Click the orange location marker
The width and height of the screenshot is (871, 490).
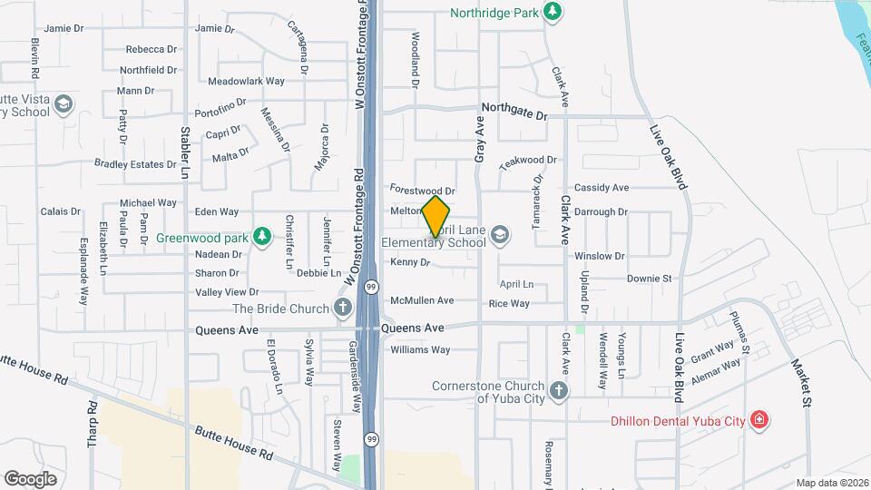435,216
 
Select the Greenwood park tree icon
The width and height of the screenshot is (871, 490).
262,237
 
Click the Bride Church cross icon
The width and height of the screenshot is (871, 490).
344,308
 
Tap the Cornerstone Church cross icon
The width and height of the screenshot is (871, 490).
560,391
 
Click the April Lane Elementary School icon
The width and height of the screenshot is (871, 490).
499,237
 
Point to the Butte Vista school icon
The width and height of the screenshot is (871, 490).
64,104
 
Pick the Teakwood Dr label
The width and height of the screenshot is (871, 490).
527,160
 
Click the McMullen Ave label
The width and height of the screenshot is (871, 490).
421,300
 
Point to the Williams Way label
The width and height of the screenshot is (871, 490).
420,349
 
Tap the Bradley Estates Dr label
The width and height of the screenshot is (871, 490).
135,164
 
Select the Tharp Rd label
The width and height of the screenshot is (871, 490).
92,424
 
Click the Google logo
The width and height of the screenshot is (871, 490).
30,478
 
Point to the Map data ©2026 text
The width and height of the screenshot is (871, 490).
831,484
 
